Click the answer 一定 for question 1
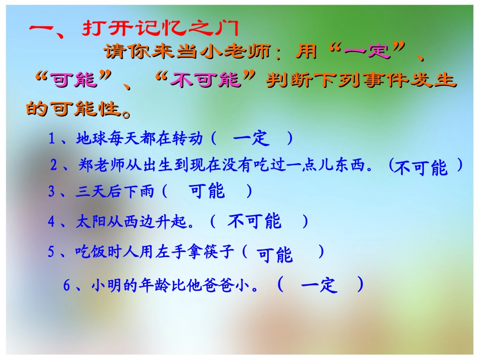coord(251,138)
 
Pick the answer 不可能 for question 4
coord(254,221)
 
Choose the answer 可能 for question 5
coord(274,255)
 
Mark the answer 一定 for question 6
coord(319,285)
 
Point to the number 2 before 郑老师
coord(54,165)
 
